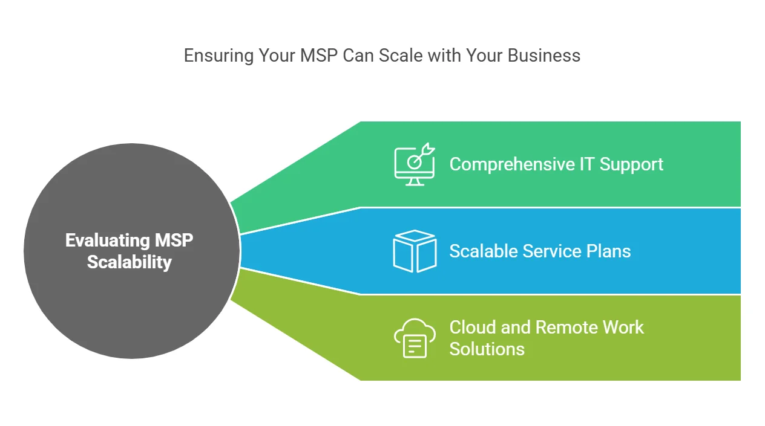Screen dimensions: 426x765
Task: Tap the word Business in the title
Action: (544, 56)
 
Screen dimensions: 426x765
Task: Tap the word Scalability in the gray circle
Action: (129, 262)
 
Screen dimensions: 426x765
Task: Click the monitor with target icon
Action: (415, 164)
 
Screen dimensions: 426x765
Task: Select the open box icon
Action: (415, 251)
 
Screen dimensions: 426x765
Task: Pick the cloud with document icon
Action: (415, 338)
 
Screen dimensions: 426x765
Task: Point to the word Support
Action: (631, 165)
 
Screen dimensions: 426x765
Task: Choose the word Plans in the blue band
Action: (609, 251)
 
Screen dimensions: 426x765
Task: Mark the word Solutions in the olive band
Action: (487, 349)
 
